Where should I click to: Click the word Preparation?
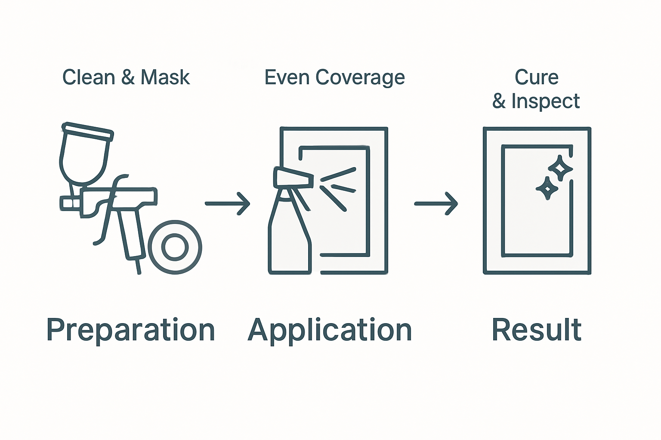point(130,330)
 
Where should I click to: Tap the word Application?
point(330,330)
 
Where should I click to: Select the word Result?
point(536,330)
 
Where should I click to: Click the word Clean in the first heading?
point(89,78)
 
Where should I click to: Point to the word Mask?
point(165,78)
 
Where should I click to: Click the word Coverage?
point(360,78)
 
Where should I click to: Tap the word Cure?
point(536,78)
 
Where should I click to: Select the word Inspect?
point(545,101)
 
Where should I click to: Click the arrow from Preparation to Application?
point(227,203)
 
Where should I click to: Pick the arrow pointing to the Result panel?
point(436,203)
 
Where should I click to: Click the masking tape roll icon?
point(175,247)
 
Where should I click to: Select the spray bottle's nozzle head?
point(293,178)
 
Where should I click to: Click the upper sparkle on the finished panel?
point(560,168)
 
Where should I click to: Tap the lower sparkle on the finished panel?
point(547,188)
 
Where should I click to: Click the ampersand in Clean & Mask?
point(128,78)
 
